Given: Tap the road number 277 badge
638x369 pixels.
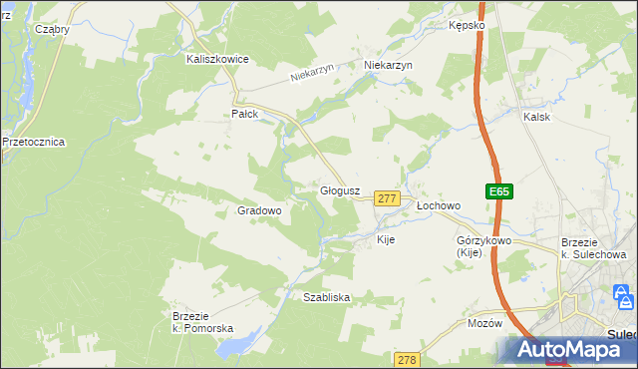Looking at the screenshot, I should (388, 199).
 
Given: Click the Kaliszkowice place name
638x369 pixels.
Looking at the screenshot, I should (217, 60).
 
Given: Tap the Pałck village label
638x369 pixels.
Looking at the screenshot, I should (245, 115).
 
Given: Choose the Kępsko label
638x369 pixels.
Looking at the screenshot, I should (467, 25).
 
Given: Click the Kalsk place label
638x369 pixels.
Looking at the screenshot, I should (537, 117).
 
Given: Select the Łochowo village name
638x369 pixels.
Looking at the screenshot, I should (439, 206).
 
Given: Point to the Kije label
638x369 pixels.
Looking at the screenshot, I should (387, 240).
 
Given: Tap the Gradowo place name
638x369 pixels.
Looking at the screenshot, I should (260, 211).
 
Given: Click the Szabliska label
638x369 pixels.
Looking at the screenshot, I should (326, 297).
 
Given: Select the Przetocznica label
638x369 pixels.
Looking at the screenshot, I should (33, 143).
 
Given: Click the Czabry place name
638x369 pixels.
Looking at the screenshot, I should (52, 30).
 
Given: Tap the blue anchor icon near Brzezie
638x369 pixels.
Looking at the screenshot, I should (624, 297).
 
